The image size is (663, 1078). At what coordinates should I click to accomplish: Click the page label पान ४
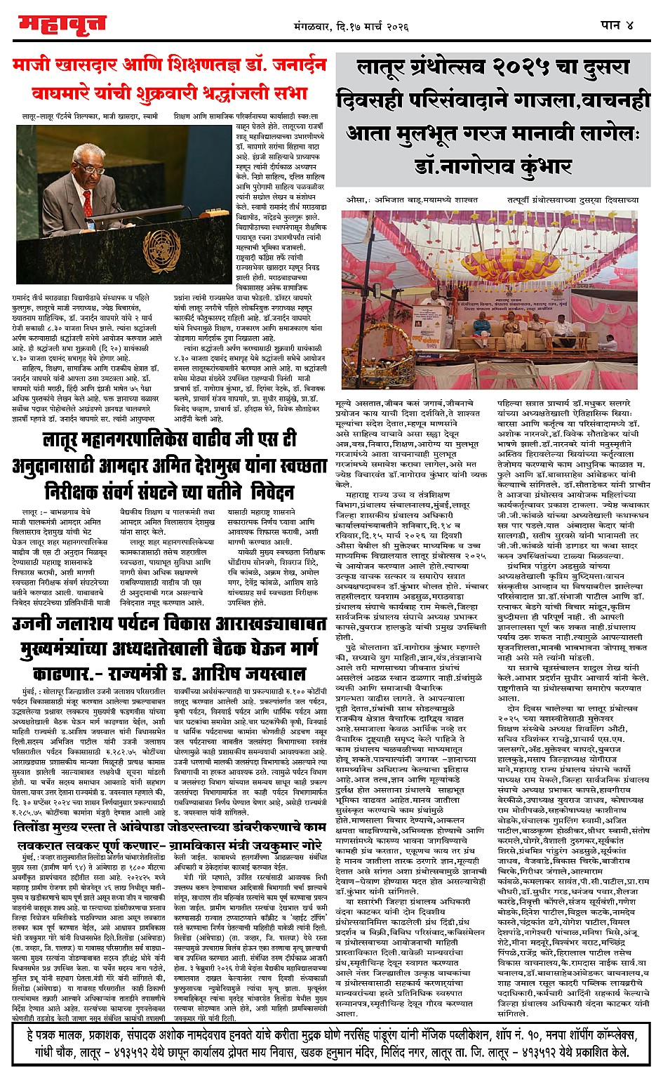coord(617,25)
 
